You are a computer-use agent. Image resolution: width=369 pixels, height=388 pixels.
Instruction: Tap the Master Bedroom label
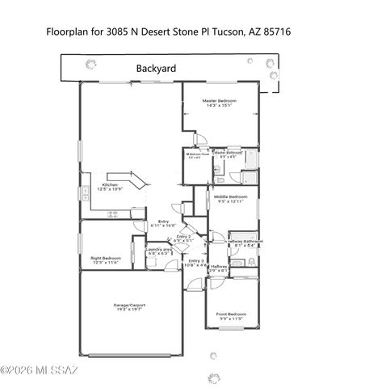point(219,100)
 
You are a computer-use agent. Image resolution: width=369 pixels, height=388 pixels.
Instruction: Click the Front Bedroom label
point(231,314)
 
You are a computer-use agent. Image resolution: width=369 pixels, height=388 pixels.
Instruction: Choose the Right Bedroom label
point(106,258)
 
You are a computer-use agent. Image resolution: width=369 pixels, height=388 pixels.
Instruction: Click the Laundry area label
point(159,250)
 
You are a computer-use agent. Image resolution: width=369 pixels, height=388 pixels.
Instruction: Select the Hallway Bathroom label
point(244,241)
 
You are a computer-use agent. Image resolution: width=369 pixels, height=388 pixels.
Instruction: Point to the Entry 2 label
point(183,236)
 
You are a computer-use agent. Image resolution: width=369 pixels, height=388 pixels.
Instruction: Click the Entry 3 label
point(197,260)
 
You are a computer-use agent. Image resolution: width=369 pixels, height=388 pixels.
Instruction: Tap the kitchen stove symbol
point(114,213)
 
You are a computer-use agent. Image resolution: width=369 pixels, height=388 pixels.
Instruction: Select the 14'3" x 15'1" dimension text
point(219,105)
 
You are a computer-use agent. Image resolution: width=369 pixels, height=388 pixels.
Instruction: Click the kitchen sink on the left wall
point(84,192)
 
